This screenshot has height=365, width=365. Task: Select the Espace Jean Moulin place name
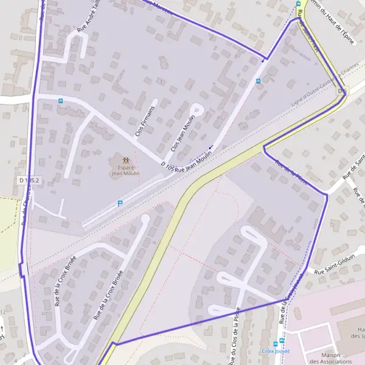pyautogui.click(x=125, y=170)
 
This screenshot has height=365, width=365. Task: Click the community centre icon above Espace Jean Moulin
pyautogui.click(x=125, y=160)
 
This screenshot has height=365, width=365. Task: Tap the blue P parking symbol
pyautogui.click(x=120, y=204)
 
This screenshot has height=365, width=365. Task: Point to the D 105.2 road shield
pyautogui.click(x=29, y=181)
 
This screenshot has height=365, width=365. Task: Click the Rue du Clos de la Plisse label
pyautogui.click(x=234, y=336)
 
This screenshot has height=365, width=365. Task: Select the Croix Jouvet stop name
pyautogui.click(x=275, y=351)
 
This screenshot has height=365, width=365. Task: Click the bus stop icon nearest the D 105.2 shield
pyautogui.click(x=60, y=100)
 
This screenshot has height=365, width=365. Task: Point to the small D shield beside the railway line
pyautogui.click(x=341, y=91)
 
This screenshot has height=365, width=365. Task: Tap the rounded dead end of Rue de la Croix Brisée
pyautogui.click(x=145, y=220)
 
